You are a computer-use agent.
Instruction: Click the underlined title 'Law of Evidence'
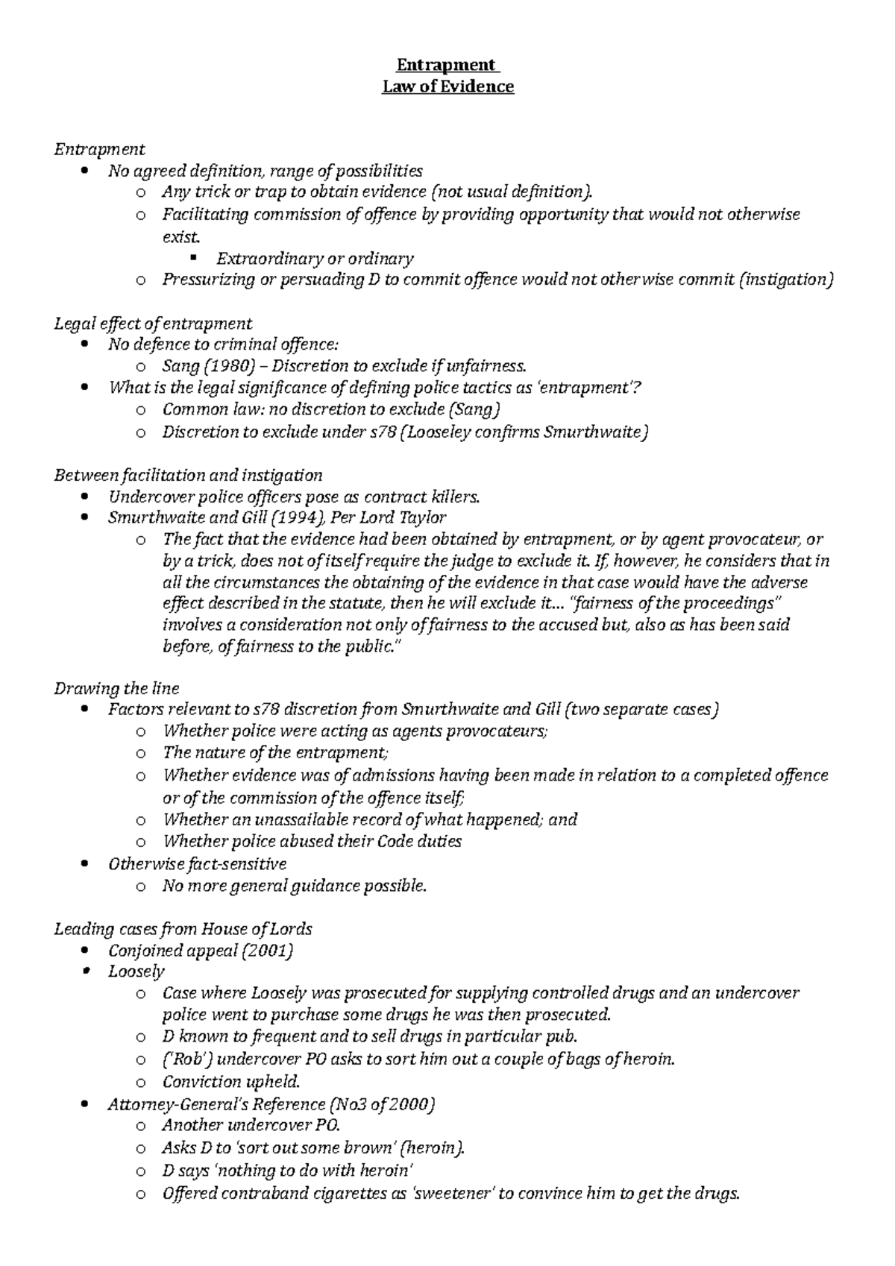(x=447, y=86)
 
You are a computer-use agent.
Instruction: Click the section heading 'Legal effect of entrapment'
(x=153, y=323)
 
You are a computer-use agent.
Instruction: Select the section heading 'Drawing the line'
(x=116, y=687)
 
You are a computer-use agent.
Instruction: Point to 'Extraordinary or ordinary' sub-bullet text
(x=314, y=259)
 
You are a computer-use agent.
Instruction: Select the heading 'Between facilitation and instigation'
(x=188, y=475)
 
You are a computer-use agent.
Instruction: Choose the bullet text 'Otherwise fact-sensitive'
(x=197, y=863)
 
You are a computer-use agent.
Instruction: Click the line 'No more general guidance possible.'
(x=295, y=886)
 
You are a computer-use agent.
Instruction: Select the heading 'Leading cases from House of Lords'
(x=183, y=929)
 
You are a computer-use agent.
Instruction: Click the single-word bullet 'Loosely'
(x=136, y=971)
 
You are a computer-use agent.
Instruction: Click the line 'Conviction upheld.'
(x=231, y=1081)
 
